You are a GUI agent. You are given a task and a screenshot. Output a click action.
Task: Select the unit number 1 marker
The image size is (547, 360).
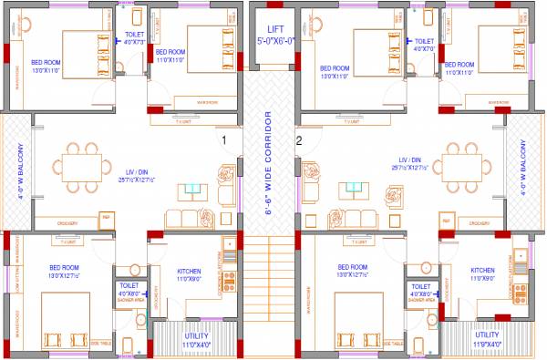(223, 140)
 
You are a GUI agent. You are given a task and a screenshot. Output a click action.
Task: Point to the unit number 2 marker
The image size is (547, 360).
(298, 140)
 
